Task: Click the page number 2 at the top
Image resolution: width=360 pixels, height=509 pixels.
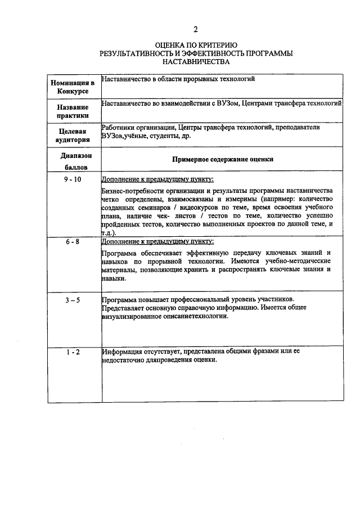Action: tap(195, 30)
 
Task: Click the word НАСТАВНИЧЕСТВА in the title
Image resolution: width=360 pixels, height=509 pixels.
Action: tap(195, 61)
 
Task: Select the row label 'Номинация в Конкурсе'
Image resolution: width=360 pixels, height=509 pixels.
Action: tap(73, 87)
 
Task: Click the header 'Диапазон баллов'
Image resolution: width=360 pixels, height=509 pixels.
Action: tap(73, 161)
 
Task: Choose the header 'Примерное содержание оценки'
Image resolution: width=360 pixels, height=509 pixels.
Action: tap(223, 159)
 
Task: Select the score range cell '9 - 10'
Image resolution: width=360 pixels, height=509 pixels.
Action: tap(73, 179)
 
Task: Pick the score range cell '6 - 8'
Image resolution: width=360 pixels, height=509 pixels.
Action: tap(73, 241)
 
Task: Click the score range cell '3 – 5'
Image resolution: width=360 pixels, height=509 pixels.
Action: tap(73, 300)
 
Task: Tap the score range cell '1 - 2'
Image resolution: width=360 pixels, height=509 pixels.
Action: tap(73, 352)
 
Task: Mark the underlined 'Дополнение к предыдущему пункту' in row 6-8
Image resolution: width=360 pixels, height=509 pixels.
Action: tap(157, 241)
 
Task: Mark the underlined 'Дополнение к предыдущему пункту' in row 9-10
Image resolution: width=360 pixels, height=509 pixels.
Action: tap(157, 179)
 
